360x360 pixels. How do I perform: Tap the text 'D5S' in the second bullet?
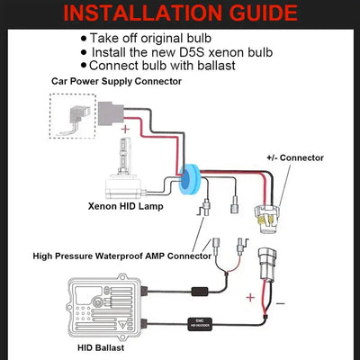coord(218,52)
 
